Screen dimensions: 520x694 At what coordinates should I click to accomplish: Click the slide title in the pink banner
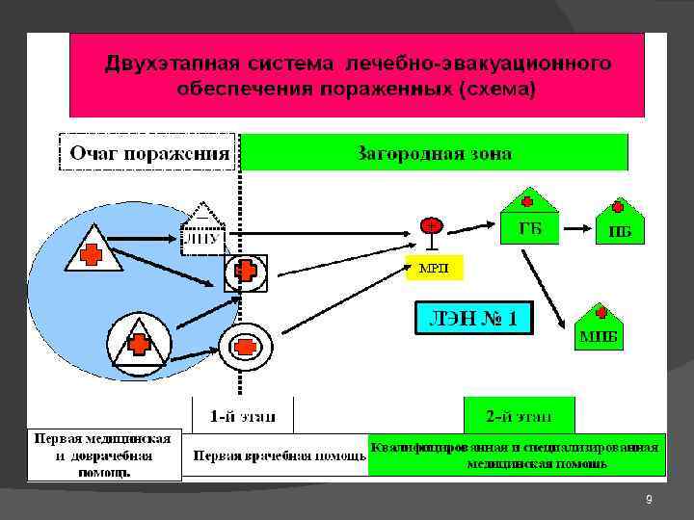point(357,76)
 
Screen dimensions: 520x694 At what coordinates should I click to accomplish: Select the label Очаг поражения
point(148,152)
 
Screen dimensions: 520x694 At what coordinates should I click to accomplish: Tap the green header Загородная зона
point(434,152)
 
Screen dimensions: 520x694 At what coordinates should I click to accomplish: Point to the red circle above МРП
point(430,226)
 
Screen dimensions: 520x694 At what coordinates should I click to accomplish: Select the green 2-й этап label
point(519,416)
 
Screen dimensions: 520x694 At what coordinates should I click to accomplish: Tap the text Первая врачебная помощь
point(280,455)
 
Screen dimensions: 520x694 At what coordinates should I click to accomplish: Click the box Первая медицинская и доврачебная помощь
point(104,455)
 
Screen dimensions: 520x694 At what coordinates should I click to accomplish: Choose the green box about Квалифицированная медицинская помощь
point(517,455)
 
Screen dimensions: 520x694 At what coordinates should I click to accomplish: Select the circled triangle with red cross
point(139,342)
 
